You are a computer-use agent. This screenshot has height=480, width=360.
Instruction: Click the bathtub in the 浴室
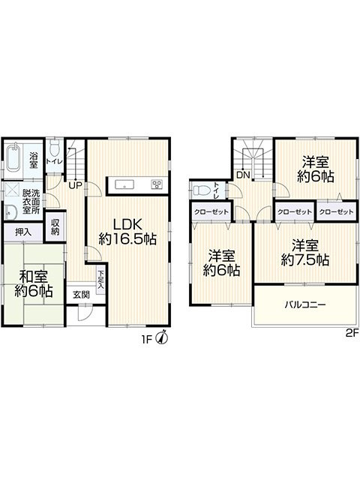(x=13, y=158)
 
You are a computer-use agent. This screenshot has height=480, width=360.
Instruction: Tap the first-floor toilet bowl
(x=55, y=148)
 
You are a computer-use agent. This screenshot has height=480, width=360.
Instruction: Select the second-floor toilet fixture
(x=201, y=190)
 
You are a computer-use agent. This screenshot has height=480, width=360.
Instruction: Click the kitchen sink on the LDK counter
(x=124, y=184)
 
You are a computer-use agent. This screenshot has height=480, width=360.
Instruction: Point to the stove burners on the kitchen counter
(x=157, y=184)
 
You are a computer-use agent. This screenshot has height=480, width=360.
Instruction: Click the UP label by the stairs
(x=75, y=185)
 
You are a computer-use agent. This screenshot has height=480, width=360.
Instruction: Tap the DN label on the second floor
(x=243, y=175)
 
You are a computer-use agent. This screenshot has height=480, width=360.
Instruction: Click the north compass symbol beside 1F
(x=162, y=337)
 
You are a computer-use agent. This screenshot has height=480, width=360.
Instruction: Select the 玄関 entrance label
(x=82, y=295)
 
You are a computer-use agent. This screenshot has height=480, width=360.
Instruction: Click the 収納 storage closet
(x=55, y=226)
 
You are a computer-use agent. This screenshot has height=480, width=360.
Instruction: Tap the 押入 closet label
(x=23, y=232)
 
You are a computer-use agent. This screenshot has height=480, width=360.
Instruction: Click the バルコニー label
(x=305, y=304)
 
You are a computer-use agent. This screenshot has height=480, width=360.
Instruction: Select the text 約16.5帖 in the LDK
(x=127, y=238)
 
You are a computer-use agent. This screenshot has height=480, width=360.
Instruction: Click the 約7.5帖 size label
(x=305, y=260)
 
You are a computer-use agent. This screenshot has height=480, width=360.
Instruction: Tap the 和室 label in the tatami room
(x=33, y=277)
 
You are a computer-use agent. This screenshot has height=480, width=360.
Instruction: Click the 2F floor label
(x=352, y=333)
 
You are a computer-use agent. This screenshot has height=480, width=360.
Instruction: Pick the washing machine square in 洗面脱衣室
(x=12, y=190)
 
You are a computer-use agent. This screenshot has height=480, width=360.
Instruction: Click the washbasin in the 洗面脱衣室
(x=11, y=211)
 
